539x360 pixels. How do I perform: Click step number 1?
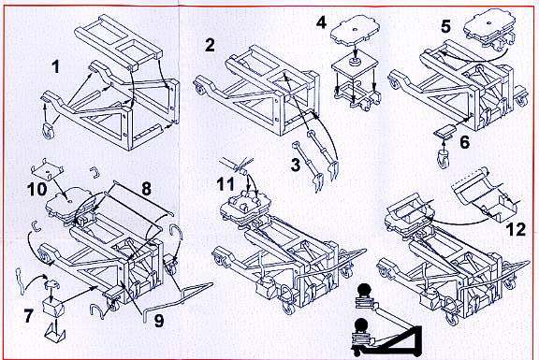click(55, 66)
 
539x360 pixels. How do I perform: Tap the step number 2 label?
click(210, 45)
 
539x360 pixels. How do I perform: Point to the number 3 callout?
click(296, 165)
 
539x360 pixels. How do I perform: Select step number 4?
click(321, 22)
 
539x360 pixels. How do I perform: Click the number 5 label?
click(445, 26)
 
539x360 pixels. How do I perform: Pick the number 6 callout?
click(464, 141)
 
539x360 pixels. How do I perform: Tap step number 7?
click(29, 315)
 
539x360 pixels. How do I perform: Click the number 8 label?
click(146, 189)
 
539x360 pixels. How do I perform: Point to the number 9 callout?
click(158, 321)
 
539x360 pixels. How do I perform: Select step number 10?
click(37, 189)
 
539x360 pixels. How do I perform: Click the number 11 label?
click(226, 184)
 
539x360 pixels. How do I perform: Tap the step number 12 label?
click(516, 229)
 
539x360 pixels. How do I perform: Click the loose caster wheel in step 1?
click(49, 131)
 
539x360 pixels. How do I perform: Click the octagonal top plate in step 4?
click(356, 34)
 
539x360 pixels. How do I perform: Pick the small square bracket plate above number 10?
click(48, 169)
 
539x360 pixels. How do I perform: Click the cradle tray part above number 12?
click(485, 194)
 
